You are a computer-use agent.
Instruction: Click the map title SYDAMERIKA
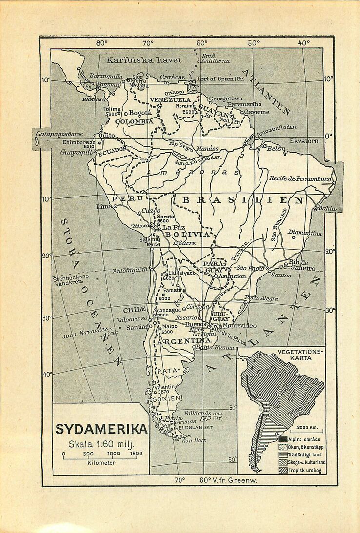point(101,429)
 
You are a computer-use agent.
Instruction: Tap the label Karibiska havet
point(144,60)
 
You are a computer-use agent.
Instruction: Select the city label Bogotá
point(140,113)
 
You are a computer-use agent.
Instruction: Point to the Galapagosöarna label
point(60,134)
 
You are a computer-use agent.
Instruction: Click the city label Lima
point(104,206)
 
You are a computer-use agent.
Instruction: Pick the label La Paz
point(174,227)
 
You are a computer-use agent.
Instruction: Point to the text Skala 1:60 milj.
point(101,444)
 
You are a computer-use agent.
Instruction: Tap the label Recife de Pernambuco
point(300,179)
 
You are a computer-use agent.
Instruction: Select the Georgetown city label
point(225,98)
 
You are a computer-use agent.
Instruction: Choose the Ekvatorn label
point(304,140)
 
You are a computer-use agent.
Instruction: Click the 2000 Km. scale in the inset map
point(307,427)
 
